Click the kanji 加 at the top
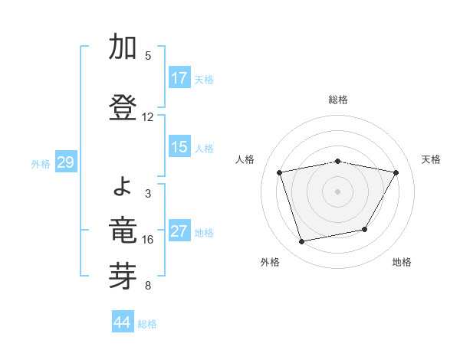(x=123, y=47)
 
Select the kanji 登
(x=123, y=108)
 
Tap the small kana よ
(x=124, y=185)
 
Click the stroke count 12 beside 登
(x=148, y=117)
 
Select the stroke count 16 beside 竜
(x=148, y=240)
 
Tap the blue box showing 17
(x=179, y=77)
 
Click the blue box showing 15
(x=179, y=147)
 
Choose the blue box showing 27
(x=179, y=231)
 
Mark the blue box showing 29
(x=65, y=162)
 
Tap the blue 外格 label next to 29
(x=41, y=163)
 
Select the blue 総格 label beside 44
(x=147, y=324)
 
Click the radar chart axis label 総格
(x=338, y=100)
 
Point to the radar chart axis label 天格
(x=432, y=159)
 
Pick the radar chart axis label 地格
(x=402, y=262)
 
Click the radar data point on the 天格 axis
(x=396, y=172)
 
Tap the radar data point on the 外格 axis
(x=302, y=241)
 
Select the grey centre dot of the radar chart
(x=338, y=191)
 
